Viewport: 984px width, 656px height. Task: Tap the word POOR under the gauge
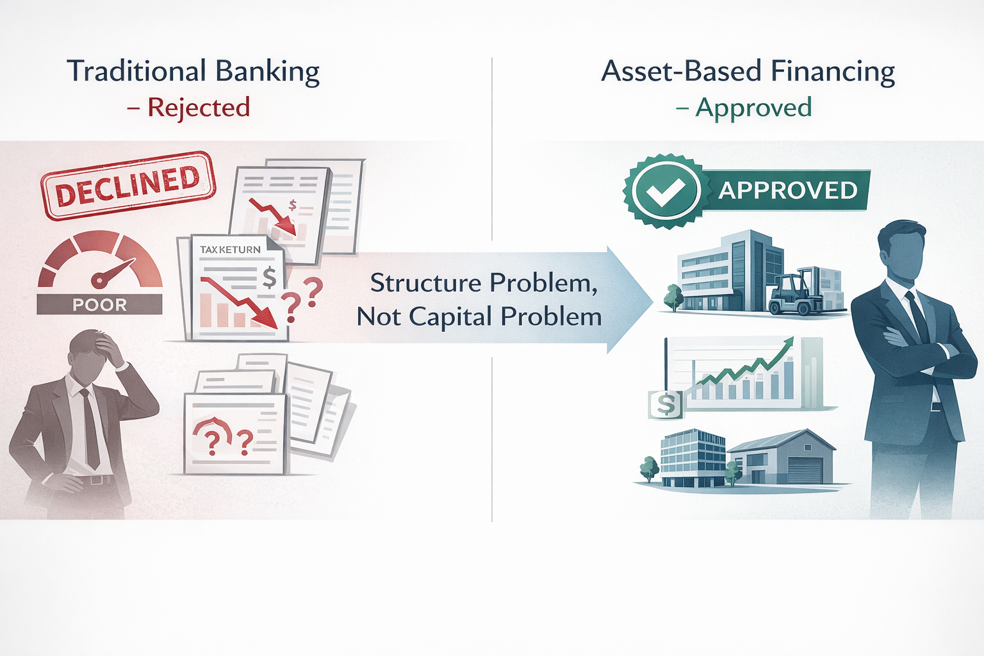click(x=99, y=305)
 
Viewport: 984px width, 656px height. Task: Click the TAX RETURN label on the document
click(x=230, y=249)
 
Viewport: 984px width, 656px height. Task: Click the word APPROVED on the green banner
click(x=787, y=190)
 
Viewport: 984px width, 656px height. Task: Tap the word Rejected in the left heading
click(x=199, y=108)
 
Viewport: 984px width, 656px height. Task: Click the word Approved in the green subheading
click(x=753, y=108)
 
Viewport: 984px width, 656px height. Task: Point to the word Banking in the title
click(x=267, y=72)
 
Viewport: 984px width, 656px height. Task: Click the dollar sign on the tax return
click(x=270, y=277)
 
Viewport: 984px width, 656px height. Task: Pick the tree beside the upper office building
click(x=673, y=297)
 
